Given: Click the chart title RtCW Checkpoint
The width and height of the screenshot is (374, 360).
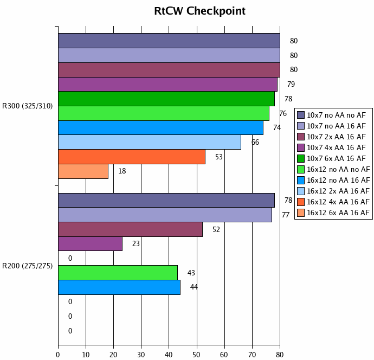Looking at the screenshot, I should (199, 11).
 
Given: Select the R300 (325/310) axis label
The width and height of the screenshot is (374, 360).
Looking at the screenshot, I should (27, 106).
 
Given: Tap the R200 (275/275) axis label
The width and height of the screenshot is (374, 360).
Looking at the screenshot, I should (27, 265).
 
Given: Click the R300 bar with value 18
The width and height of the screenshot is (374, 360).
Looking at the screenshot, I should (83, 171).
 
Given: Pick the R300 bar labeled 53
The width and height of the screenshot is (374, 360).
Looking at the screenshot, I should (132, 157).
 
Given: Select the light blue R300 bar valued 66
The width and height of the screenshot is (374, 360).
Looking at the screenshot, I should (150, 142).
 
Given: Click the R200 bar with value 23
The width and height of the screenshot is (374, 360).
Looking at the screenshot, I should (90, 244).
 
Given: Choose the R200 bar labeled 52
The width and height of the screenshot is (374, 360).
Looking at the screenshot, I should (130, 229).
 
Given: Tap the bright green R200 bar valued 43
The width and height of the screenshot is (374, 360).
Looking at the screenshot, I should (118, 273).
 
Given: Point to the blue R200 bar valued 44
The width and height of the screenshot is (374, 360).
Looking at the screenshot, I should (119, 287).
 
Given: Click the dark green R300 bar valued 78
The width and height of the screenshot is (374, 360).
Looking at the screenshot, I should (166, 99).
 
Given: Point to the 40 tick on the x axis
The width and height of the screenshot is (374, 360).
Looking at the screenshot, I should (169, 355).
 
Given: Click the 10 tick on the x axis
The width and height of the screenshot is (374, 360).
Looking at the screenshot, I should (86, 355).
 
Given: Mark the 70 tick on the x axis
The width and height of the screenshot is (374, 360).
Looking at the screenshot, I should (252, 355).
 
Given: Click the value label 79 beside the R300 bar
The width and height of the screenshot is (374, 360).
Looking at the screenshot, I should (291, 84).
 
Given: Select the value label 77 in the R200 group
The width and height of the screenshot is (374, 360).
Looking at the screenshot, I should (286, 215).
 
